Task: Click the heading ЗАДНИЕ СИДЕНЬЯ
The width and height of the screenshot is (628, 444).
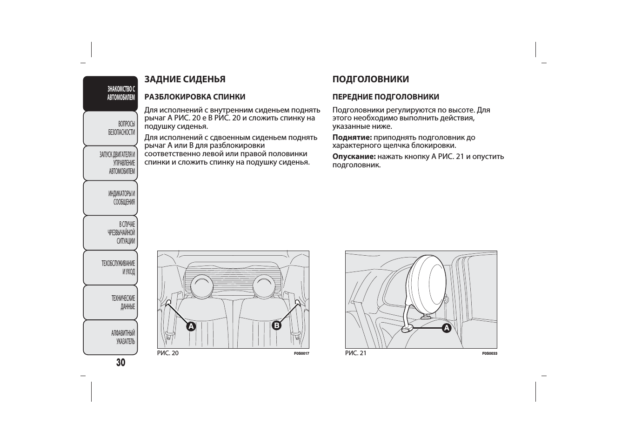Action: tap(185, 80)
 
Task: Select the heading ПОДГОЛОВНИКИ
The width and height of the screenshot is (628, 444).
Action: tap(371, 80)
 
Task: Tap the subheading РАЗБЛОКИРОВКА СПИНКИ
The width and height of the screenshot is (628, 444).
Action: tap(195, 97)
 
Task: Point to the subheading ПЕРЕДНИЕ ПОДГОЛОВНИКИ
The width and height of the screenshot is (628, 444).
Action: tap(386, 97)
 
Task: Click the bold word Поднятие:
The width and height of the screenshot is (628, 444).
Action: tap(352, 138)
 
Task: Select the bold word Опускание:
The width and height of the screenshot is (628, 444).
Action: tap(354, 157)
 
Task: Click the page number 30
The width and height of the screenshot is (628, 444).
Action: tap(121, 363)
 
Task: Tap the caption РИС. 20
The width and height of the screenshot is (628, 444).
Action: tap(167, 353)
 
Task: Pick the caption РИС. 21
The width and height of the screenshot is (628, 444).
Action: tap(356, 353)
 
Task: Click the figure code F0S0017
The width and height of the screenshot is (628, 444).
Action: tap(301, 353)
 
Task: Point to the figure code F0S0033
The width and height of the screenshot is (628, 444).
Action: tap(490, 353)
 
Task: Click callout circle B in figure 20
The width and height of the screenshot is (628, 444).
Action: tap(277, 325)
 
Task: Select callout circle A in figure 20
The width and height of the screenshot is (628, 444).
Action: tap(191, 326)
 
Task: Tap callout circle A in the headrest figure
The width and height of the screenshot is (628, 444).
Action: tap(447, 328)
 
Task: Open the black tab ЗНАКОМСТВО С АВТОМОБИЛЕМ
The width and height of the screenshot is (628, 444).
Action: tap(110, 93)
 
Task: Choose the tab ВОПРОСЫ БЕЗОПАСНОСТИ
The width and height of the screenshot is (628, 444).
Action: tap(110, 129)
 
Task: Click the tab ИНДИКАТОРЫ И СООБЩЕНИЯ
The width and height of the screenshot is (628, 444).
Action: tap(110, 198)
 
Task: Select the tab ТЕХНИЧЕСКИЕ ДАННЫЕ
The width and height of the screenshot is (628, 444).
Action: tap(110, 303)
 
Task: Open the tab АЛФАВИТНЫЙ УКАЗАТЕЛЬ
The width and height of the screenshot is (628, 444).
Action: tap(110, 338)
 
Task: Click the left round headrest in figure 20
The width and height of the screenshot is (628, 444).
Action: tap(202, 287)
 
